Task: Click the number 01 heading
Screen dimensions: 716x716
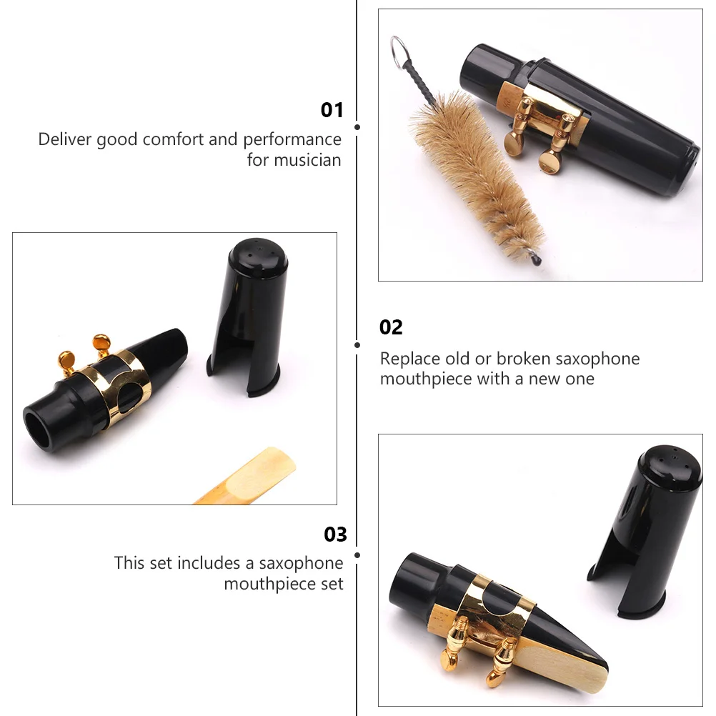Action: click(332, 110)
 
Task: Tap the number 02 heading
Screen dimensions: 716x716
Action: click(391, 327)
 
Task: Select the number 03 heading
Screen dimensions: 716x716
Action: click(335, 534)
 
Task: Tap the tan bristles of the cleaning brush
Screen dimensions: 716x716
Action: click(475, 169)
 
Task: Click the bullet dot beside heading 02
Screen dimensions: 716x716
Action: click(357, 345)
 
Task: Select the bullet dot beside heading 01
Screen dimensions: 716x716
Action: click(357, 127)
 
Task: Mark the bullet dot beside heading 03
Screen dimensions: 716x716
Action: click(357, 555)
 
